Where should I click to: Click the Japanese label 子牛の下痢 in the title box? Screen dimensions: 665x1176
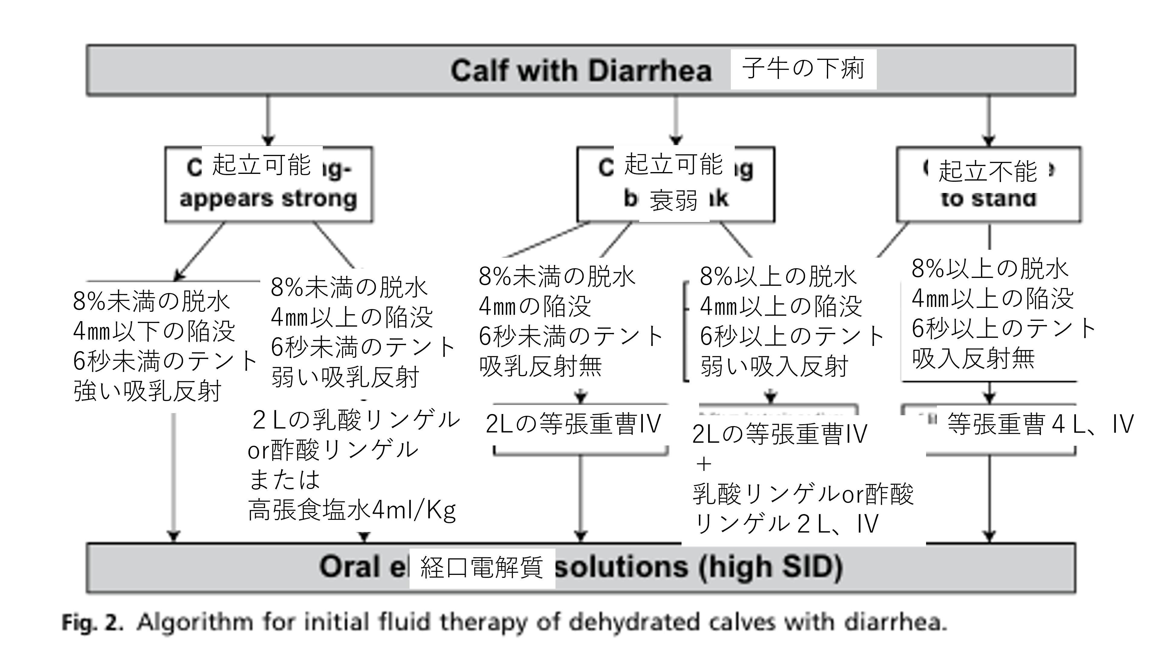pyautogui.click(x=803, y=69)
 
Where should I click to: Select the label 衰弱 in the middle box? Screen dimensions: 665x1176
pyautogui.click(x=673, y=200)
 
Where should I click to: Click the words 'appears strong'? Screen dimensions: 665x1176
pyautogui.click(x=268, y=199)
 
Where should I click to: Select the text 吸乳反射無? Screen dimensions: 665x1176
pyautogui.click(x=541, y=366)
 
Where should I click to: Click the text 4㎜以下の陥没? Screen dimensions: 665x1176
pyautogui.click(x=154, y=331)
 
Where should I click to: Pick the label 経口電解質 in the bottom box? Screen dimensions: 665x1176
pyautogui.click(x=482, y=568)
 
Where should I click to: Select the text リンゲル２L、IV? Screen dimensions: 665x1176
pyautogui.click(x=785, y=524)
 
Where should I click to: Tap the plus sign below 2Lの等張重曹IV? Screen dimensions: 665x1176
pyautogui.click(x=704, y=465)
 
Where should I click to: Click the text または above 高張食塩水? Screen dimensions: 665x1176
pyautogui.click(x=284, y=480)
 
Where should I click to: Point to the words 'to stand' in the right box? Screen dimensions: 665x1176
pyautogui.click(x=988, y=199)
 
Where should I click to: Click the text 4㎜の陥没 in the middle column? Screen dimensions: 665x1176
pyautogui.click(x=535, y=306)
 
